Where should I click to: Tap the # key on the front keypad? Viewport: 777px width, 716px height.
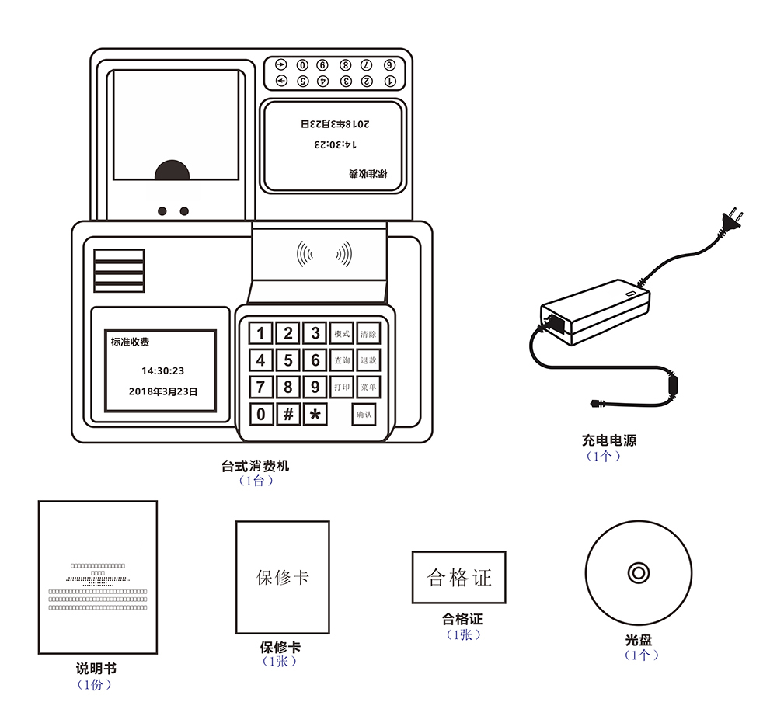[287, 414]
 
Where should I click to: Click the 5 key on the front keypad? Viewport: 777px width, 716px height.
[287, 360]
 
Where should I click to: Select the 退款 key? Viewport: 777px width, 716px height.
[368, 360]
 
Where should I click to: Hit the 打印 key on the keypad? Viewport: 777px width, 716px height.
[342, 387]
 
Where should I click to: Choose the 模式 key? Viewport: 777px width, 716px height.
[342, 334]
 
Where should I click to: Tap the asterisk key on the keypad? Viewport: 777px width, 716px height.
[315, 414]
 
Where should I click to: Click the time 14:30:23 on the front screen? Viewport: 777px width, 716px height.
[162, 371]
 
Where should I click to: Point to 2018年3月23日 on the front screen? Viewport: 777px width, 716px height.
[162, 392]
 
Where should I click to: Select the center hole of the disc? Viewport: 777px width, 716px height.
[638, 573]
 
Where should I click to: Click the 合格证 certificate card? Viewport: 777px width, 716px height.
[458, 578]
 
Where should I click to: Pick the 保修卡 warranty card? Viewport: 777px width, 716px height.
[283, 577]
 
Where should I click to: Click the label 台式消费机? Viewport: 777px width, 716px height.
[255, 467]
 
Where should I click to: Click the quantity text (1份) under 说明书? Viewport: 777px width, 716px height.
[96, 684]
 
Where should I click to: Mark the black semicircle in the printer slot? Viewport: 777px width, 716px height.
[172, 172]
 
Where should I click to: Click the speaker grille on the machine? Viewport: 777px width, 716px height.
[119, 270]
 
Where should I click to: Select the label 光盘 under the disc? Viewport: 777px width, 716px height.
[638, 641]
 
